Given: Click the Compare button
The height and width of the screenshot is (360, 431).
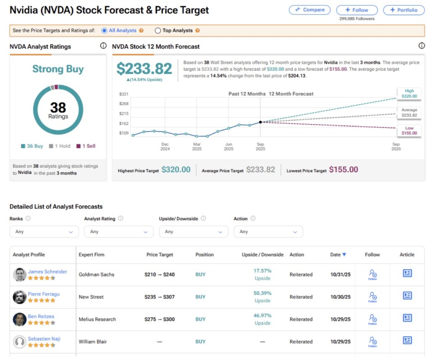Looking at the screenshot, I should (x=309, y=10).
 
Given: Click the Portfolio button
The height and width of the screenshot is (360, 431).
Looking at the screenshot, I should (x=404, y=10).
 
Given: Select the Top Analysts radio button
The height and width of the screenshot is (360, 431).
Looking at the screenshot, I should (x=158, y=31).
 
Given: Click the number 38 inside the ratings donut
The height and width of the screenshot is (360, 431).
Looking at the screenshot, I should (x=58, y=107).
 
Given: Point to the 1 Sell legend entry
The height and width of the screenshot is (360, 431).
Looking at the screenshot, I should (x=86, y=146).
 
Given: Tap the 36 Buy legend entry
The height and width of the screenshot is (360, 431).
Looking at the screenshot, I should (x=33, y=146).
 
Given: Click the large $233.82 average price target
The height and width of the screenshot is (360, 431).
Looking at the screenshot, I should (x=144, y=69).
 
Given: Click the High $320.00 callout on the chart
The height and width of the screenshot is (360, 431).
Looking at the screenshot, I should (x=409, y=94).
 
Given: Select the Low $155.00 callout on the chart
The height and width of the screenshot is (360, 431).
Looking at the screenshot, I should (x=409, y=131).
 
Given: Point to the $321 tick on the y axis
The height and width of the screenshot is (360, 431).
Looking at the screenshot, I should (x=124, y=94).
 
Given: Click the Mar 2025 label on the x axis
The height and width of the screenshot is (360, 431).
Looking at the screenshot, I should (x=197, y=146).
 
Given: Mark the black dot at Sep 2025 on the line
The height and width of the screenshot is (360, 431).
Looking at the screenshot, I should (x=261, y=122).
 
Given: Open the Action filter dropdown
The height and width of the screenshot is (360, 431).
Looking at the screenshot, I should (x=268, y=232).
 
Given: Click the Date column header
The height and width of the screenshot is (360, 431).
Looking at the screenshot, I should (x=338, y=255).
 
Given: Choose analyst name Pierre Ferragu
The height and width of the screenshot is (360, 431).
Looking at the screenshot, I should (x=44, y=294).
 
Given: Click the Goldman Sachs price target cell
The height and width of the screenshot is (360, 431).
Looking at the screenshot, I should (x=159, y=274).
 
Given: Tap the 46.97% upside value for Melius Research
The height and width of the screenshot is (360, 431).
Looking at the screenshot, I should (x=262, y=316).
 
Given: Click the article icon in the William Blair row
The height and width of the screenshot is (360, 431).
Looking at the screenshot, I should (x=407, y=341).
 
